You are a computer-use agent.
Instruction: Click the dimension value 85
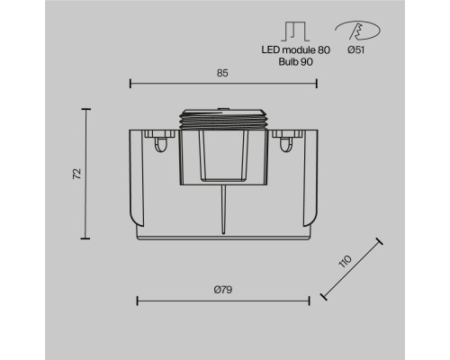coord(222,73)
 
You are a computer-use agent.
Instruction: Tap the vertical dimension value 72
coord(77,174)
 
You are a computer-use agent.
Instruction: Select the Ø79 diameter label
coord(223,290)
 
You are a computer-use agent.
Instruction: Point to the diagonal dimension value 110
coord(345,261)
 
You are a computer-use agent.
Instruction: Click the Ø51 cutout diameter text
coord(356,49)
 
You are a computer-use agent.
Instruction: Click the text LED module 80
coord(295,49)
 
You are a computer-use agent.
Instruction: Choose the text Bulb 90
coord(295,61)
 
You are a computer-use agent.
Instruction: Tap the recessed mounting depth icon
coord(295,31)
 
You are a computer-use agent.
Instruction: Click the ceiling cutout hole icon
coord(357,31)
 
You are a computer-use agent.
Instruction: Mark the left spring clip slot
coord(160,145)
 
